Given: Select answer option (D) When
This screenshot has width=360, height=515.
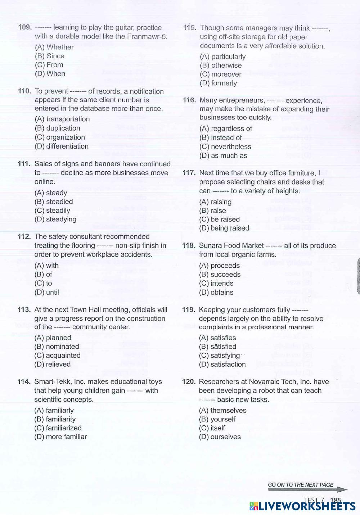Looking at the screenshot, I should tap(50, 74).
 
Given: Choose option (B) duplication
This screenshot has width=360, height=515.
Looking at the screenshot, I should tap(57, 128).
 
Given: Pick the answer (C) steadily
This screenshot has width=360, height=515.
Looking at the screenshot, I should tap(52, 211).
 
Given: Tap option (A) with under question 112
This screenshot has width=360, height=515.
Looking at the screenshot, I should tap(46, 266).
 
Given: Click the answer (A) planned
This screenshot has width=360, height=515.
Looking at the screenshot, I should tap(53, 338).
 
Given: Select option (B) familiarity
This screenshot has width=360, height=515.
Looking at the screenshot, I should tap(55, 419).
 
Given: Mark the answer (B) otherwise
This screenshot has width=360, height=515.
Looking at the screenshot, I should tap(221, 65).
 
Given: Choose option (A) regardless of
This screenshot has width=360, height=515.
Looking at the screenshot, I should tap(226, 128).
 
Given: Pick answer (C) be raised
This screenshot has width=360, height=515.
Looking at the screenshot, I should tap(219, 220).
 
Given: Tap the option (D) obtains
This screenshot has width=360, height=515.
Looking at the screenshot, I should tap(216, 293).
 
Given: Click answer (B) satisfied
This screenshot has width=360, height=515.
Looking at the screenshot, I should tap(217, 347).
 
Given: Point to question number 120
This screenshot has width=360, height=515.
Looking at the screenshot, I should tap(189, 382).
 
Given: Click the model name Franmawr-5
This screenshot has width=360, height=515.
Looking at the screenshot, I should tap(147, 36).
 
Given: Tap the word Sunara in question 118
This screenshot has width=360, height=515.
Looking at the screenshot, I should tap(210, 245).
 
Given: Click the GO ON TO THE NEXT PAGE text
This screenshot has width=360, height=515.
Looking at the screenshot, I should tap(301, 485).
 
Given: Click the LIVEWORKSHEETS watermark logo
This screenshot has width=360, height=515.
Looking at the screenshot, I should tap(302, 506).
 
